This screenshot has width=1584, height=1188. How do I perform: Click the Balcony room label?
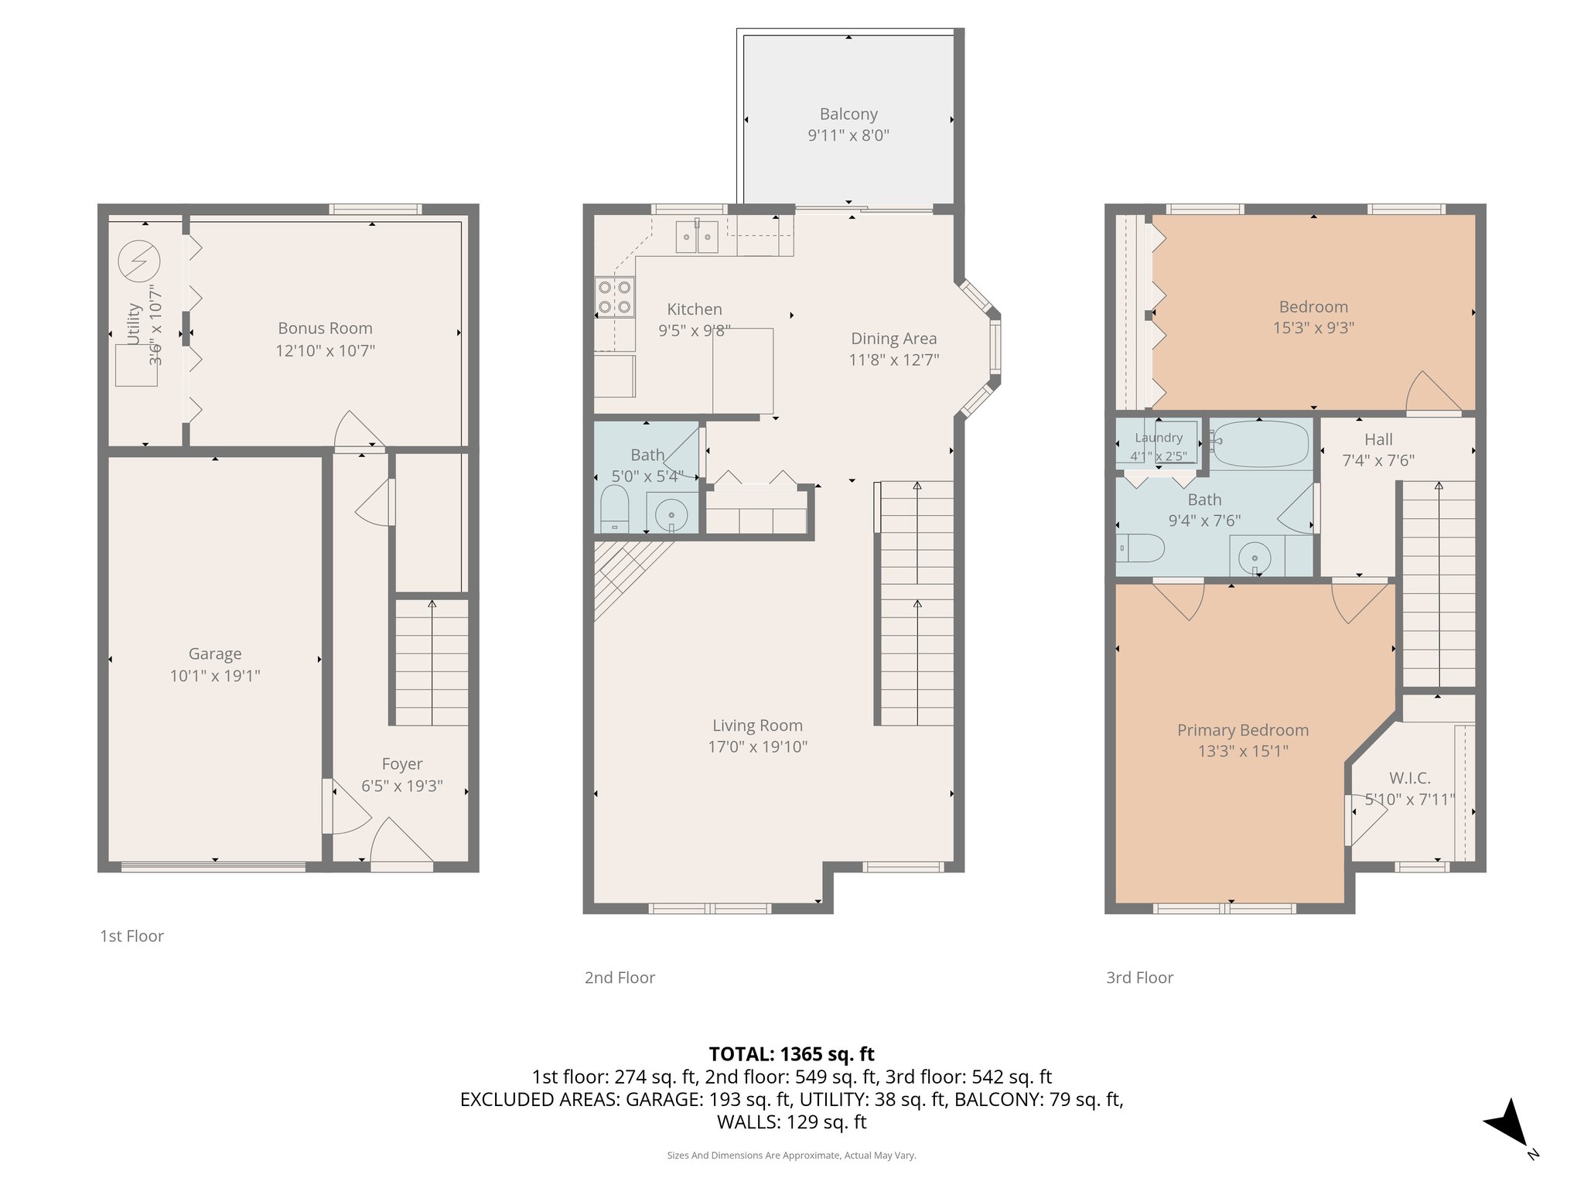click(x=848, y=114)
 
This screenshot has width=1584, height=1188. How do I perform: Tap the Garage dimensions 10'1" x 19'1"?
click(x=215, y=675)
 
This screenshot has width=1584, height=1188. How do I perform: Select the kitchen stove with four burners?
click(x=615, y=297)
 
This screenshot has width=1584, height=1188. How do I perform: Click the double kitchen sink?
click(x=697, y=237)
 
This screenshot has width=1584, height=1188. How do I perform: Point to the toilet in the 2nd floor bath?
click(x=615, y=508)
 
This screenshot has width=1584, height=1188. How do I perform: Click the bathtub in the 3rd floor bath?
click(x=1260, y=443)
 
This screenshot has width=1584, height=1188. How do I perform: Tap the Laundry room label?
click(x=1158, y=438)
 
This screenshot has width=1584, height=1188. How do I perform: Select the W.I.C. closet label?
click(x=1409, y=778)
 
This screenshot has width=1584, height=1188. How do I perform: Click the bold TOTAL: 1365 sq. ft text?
click(x=791, y=1053)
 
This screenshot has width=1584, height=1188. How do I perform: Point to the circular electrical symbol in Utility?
click(x=139, y=261)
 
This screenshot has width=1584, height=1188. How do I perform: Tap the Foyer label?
click(x=401, y=764)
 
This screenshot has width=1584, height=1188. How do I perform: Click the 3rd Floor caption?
click(x=1139, y=978)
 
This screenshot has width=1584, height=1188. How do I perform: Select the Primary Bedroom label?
click(x=1242, y=730)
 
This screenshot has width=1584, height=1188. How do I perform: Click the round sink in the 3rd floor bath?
click(x=1254, y=557)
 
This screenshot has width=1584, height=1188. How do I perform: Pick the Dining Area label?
click(x=893, y=339)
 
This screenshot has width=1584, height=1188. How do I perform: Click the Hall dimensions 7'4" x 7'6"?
click(x=1377, y=460)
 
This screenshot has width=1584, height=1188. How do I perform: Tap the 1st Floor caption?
click(x=131, y=936)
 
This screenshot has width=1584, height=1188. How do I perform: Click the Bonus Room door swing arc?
click(x=358, y=430)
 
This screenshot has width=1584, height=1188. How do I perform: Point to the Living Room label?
click(x=757, y=725)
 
